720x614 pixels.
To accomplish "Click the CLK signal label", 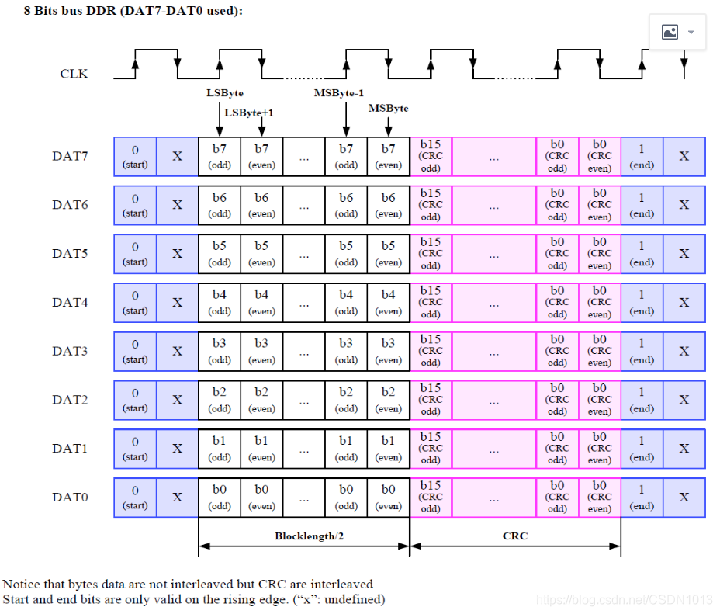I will (74, 75).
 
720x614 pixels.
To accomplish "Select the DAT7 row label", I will (70, 156).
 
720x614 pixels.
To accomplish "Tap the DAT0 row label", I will (70, 497).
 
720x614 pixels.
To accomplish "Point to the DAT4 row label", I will (70, 302).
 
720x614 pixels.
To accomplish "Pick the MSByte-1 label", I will (339, 93).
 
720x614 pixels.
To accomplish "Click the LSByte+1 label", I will (249, 113).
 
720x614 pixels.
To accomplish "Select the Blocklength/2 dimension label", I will (303, 536).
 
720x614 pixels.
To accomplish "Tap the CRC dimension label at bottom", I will (514, 536).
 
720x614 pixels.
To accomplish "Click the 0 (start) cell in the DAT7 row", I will (135, 156).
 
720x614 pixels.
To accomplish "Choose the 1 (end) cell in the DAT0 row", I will (642, 497).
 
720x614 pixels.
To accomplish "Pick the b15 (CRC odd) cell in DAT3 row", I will (431, 351).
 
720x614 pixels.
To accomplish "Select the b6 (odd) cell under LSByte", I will (220, 205).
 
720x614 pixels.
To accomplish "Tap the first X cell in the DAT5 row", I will (177, 254).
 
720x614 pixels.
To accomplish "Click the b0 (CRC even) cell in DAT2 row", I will (599, 399).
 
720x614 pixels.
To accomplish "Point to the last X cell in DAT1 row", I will (684, 448).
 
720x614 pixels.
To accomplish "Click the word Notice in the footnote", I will (21, 584).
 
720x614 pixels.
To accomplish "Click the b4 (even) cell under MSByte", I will (388, 302).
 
